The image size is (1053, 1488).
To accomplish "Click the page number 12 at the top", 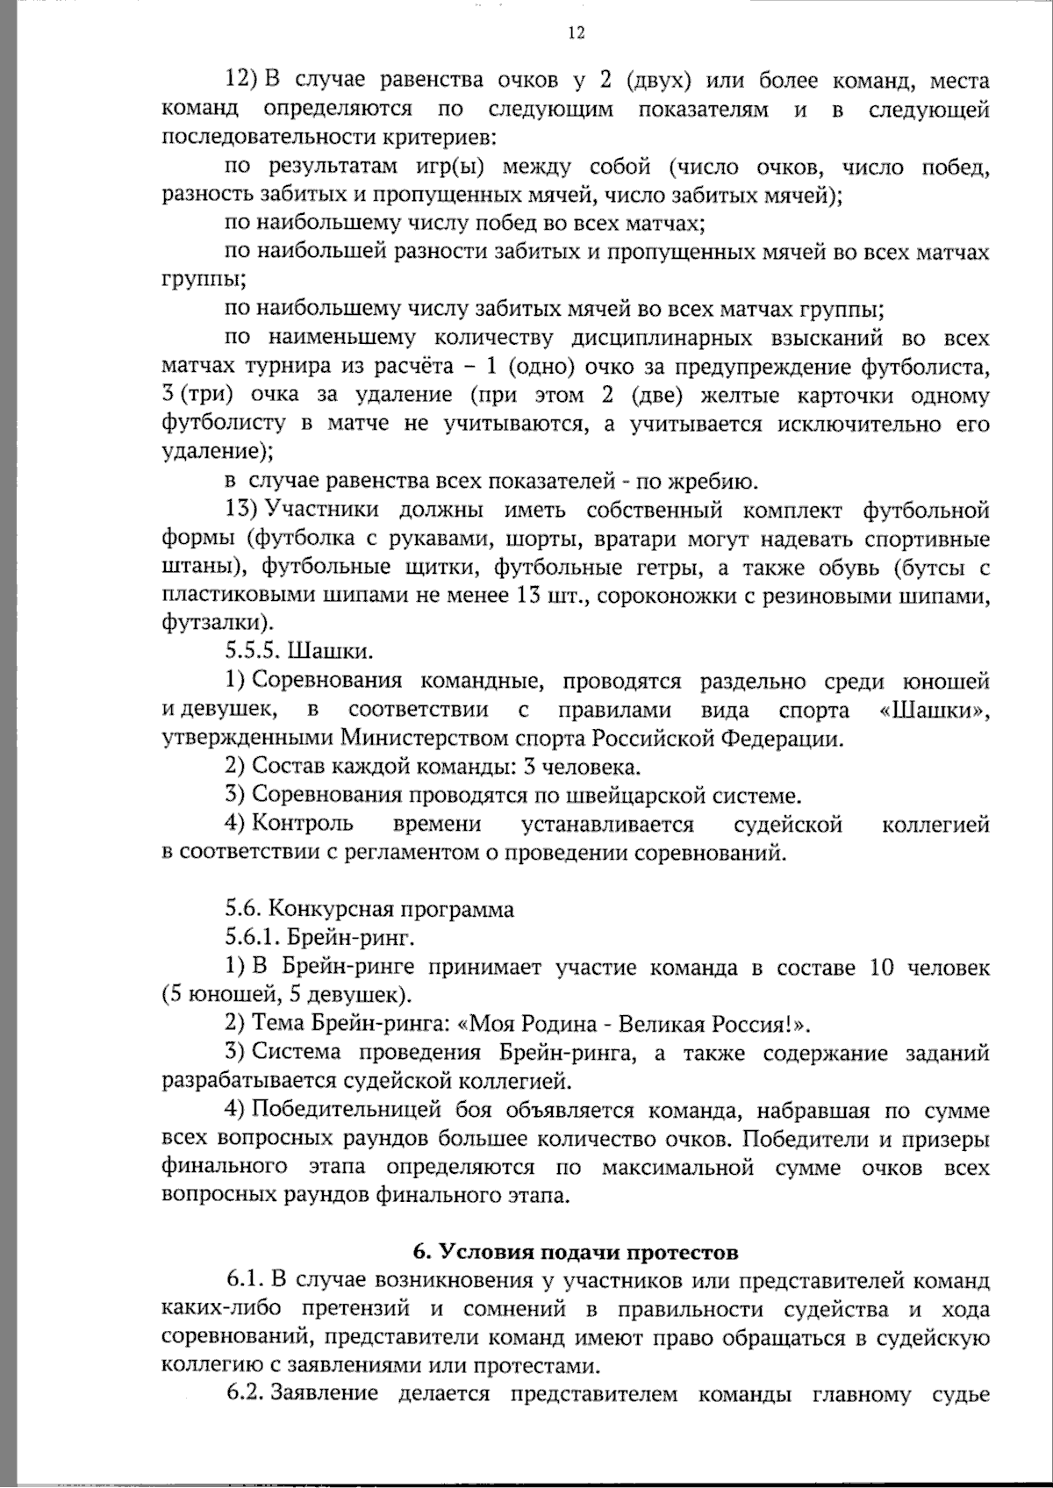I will click(576, 33).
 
